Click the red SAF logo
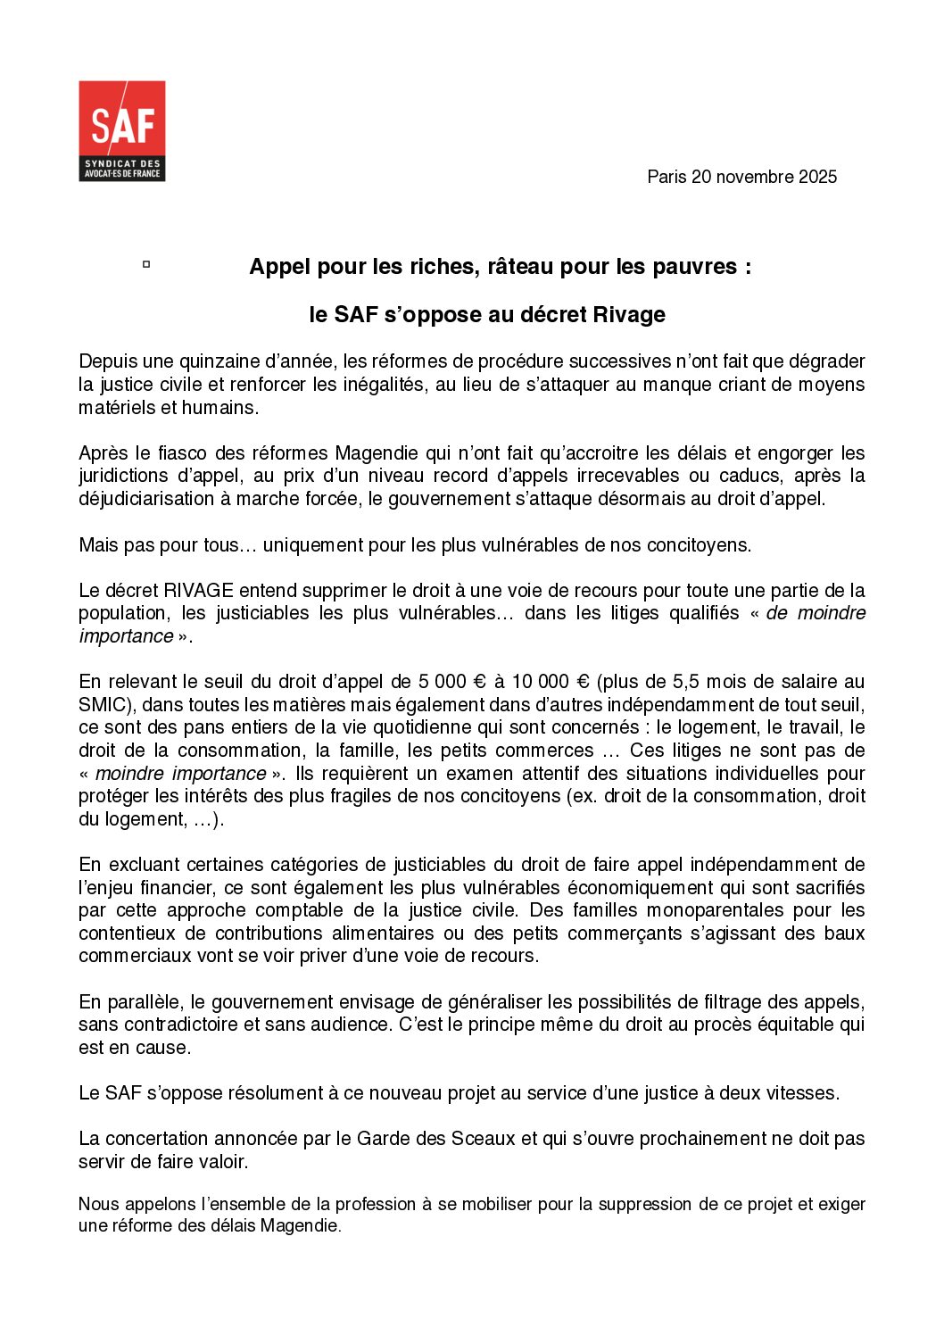pos(121,130)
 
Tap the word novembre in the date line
pos(754,177)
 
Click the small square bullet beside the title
pos(145,264)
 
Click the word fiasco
pos(176,453)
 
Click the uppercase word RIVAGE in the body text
pos(199,591)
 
